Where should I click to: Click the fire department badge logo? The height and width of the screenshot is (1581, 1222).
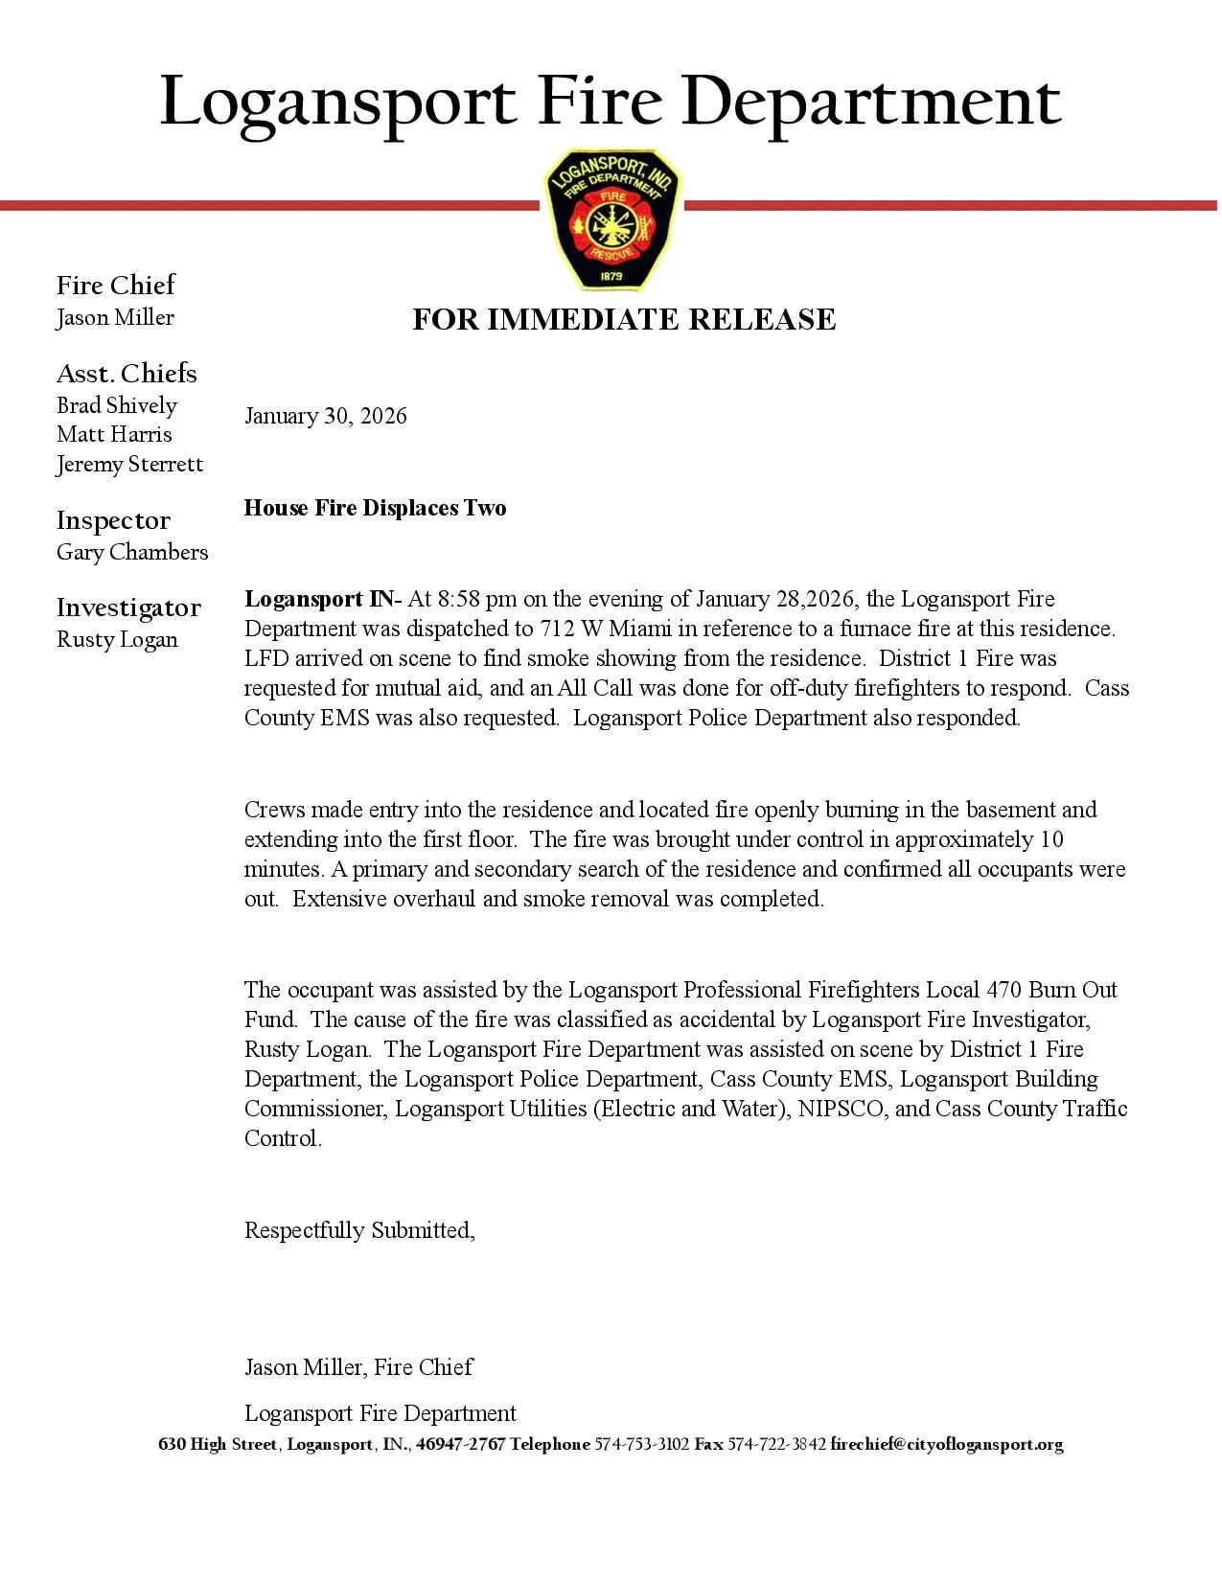[x=611, y=219]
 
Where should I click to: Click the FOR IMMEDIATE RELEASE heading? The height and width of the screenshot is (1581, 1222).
[x=624, y=319]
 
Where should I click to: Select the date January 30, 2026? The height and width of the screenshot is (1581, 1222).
[x=326, y=416]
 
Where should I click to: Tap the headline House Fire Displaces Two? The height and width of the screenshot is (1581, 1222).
[x=375, y=508]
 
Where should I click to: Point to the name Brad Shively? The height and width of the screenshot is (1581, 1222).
[x=117, y=405]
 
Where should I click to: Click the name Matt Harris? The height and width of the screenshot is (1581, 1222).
[x=114, y=434]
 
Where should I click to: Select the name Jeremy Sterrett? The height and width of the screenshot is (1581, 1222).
[x=129, y=464]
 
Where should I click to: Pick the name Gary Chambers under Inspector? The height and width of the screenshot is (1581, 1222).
[x=132, y=552]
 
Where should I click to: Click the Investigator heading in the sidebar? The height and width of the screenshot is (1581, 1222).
[x=128, y=607]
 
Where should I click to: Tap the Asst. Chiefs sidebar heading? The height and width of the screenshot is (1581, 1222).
[x=127, y=373]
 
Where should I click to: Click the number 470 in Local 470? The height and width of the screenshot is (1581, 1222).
[x=1004, y=990]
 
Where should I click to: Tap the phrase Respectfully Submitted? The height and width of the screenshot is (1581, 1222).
[x=359, y=1230]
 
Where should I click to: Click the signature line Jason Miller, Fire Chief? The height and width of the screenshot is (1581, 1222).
[x=358, y=1367]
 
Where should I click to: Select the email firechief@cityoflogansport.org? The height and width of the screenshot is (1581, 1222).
[x=947, y=1444]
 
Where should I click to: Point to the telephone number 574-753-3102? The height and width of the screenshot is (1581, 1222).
[x=642, y=1444]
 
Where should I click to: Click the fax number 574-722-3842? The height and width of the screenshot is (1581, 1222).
[x=776, y=1444]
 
